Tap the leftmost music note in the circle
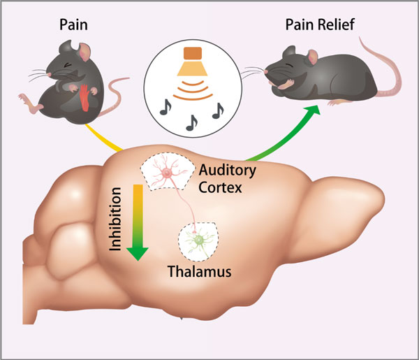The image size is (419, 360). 166,106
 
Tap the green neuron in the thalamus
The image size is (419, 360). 199,240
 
